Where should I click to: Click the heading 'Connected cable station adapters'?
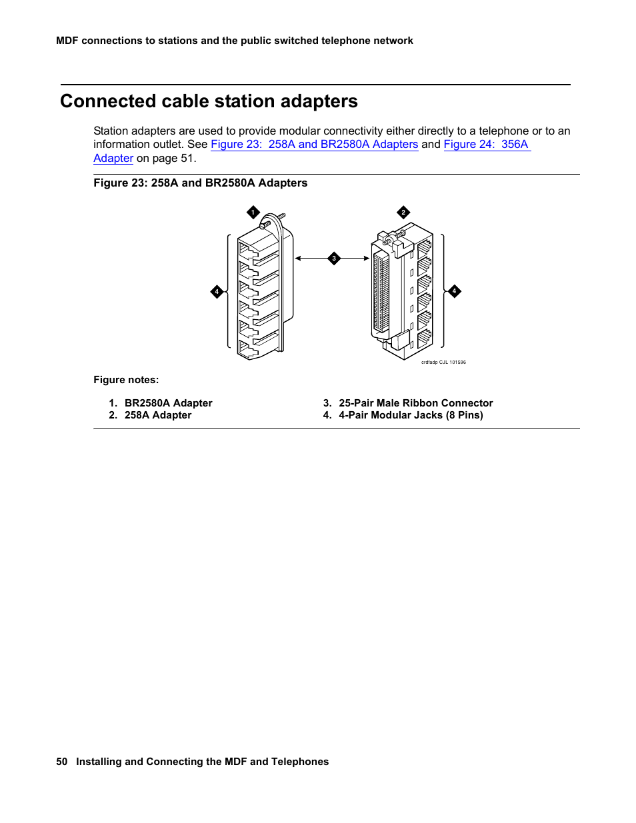point(209,101)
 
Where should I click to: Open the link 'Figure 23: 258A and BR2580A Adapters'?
point(314,145)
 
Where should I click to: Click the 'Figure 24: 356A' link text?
point(487,145)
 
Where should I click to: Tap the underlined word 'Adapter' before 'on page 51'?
point(113,159)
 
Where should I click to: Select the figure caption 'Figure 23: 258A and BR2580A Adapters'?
point(200,183)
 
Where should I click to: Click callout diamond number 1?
point(253,213)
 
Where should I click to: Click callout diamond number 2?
point(403,213)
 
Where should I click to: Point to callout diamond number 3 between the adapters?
point(334,259)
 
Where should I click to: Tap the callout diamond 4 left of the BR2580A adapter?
point(217,292)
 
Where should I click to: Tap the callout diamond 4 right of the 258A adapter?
point(455,291)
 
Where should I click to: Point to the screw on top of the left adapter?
point(281,217)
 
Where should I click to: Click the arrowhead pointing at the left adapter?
point(298,259)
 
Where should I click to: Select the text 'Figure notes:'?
point(126,380)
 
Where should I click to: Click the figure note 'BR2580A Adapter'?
point(168,403)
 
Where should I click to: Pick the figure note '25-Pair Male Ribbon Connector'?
point(415,403)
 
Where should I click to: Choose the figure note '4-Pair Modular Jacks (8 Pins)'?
point(411,415)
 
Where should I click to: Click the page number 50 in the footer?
point(62,762)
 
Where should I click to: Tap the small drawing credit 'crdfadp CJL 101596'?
point(443,363)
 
